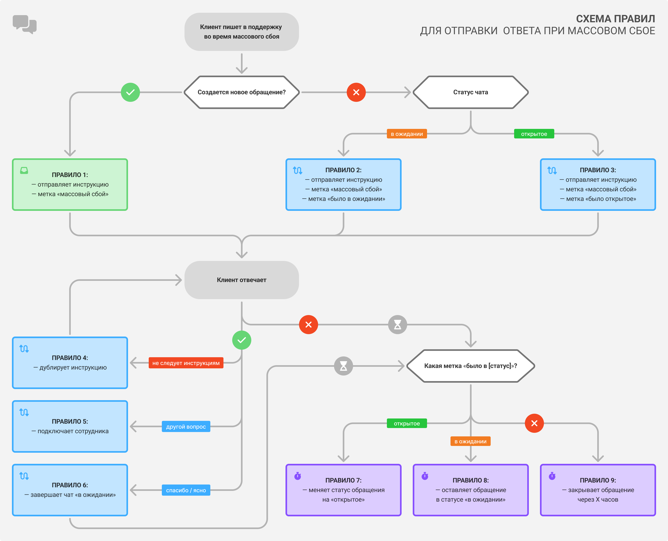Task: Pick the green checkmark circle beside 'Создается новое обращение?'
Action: pos(130,92)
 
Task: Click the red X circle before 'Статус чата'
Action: pos(356,92)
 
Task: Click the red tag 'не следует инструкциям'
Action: pos(186,363)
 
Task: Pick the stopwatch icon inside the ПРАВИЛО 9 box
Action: pos(552,476)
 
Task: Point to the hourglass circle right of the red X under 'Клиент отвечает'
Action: pos(397,324)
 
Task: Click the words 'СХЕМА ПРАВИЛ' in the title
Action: pos(615,19)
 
